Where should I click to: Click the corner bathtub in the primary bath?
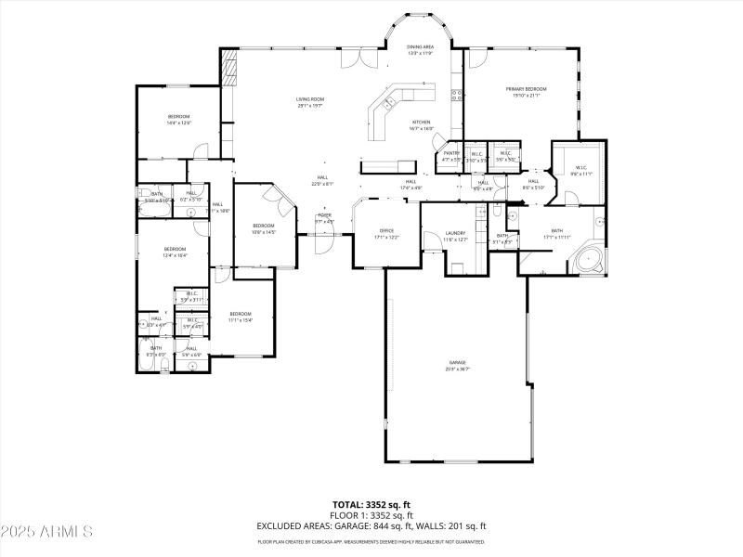591,259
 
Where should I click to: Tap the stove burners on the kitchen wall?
456,93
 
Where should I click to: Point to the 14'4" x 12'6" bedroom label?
178,119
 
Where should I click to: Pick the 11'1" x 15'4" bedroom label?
241,317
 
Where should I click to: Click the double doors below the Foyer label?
322,243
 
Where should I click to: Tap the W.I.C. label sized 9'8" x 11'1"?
581,170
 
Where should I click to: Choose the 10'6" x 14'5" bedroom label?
264,228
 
